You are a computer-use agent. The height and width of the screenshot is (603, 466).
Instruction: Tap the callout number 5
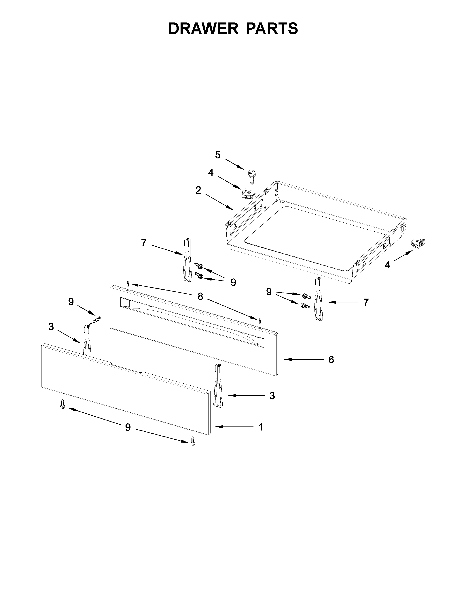point(218,155)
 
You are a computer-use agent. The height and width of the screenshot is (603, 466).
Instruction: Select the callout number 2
point(198,190)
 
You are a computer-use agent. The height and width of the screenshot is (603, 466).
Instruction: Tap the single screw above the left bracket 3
point(97,320)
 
